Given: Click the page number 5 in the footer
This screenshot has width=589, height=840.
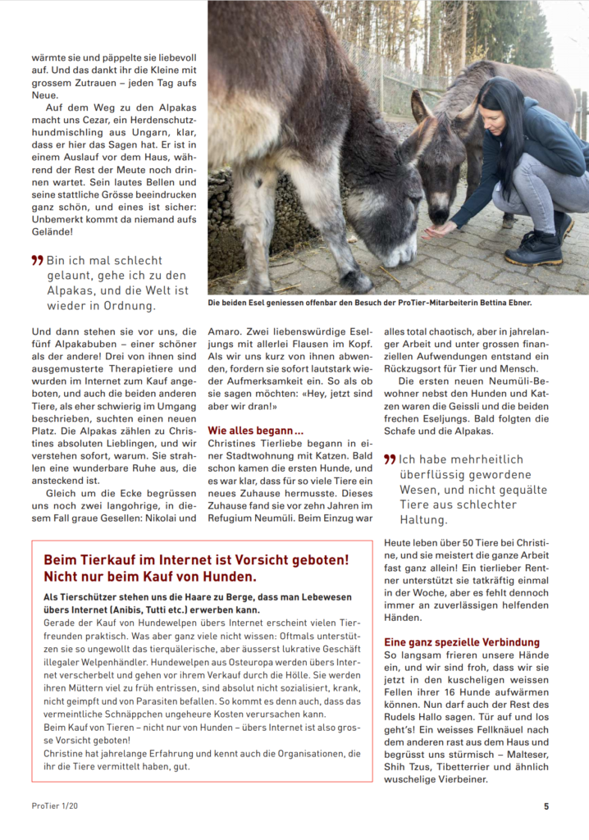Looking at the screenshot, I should (546, 806).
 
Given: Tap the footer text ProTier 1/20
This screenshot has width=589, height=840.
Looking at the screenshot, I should (56, 806).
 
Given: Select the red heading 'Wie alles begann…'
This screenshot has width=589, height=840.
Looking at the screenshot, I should (256, 430).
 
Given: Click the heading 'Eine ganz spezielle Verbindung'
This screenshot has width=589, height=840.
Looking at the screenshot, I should (462, 642).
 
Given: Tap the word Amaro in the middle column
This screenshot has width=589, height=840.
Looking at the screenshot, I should (225, 331).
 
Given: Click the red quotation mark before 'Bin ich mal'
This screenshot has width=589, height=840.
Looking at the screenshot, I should (37, 260).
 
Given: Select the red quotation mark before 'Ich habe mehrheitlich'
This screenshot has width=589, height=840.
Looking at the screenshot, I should (390, 459).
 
